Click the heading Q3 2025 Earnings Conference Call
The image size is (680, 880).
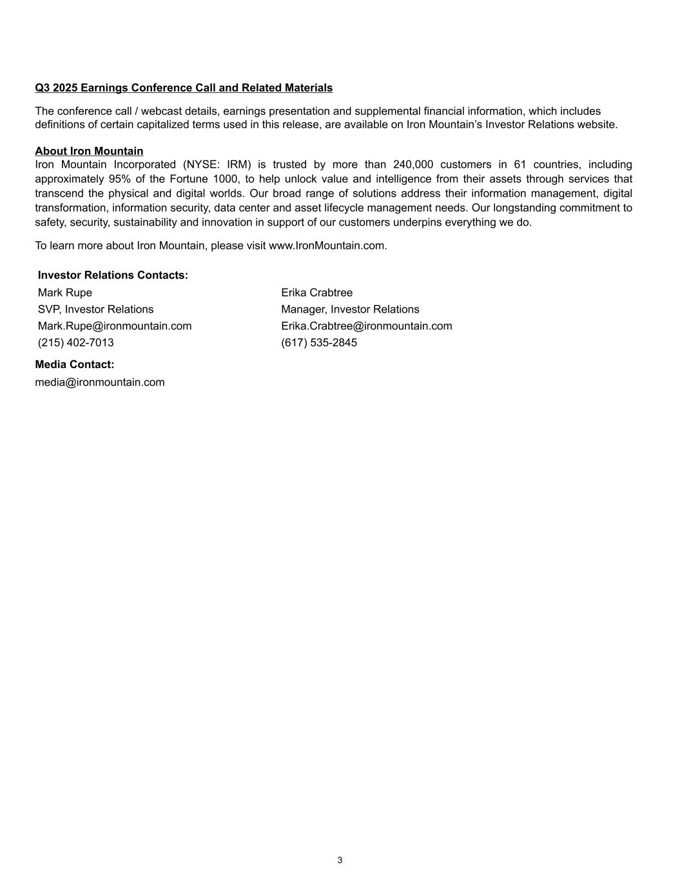coord(184,88)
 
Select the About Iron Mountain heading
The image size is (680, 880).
coord(89,151)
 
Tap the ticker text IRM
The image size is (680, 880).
coord(238,164)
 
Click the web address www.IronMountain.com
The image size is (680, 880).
coord(327,246)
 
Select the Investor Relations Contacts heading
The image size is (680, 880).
coord(113,275)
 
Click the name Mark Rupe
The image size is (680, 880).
coord(65,293)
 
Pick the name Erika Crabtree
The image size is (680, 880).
coord(316,293)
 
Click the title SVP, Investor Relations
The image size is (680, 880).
coord(95,309)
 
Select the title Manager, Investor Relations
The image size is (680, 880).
coord(350,309)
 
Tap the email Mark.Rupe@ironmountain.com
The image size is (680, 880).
coord(115,326)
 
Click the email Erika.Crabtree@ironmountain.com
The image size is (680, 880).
coord(366,326)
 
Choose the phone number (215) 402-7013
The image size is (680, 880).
coord(76,343)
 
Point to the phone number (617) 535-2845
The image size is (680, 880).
coord(319,343)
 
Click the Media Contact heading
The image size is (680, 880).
coord(75,365)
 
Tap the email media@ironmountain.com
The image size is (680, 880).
coord(100,382)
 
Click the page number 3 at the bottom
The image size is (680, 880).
coord(340,860)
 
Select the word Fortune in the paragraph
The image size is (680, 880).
coord(188,179)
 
